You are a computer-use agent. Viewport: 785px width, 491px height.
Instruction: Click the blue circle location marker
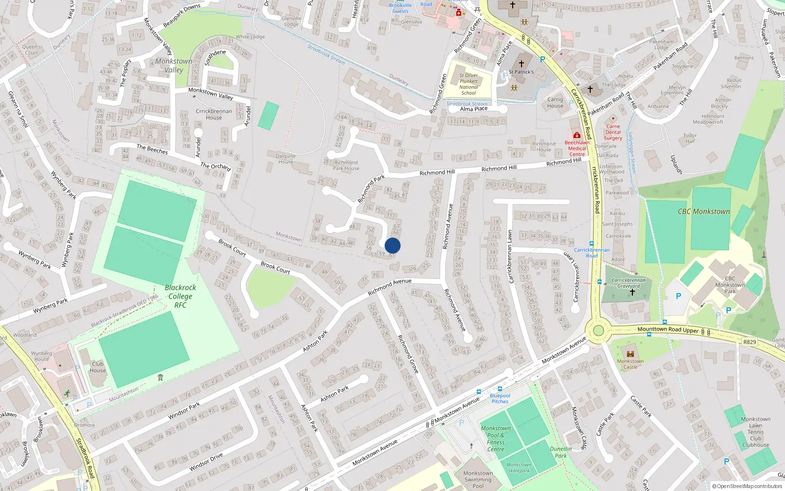click(x=392, y=245)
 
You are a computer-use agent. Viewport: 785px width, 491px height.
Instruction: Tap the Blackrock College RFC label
click(x=180, y=296)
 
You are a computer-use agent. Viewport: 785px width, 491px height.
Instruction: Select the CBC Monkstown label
click(x=704, y=212)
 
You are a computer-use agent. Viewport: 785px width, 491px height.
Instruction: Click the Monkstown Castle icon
click(x=630, y=354)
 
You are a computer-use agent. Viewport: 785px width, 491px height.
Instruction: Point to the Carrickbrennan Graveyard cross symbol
click(x=632, y=292)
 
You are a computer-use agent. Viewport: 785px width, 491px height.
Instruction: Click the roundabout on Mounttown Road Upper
click(x=598, y=330)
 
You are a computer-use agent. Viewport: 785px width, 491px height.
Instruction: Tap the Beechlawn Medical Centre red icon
click(x=577, y=135)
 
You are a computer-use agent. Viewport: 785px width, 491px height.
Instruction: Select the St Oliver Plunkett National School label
click(x=469, y=84)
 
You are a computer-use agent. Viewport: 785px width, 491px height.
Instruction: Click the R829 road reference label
click(x=749, y=342)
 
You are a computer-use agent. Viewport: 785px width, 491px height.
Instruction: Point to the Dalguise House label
click(x=286, y=159)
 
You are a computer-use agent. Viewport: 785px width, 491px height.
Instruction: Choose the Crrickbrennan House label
click(x=214, y=114)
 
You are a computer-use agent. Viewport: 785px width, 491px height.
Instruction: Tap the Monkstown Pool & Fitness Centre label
click(x=496, y=438)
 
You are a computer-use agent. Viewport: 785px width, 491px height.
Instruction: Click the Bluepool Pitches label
click(x=500, y=398)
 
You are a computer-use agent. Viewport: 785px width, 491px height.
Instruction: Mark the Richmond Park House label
click(x=346, y=165)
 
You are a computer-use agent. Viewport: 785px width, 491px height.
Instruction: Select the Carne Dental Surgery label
click(x=613, y=132)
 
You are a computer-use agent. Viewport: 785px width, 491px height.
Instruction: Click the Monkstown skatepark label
click(x=519, y=467)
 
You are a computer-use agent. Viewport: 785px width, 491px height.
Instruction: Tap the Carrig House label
click(x=555, y=102)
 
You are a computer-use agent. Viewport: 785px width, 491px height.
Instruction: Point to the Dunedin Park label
click(x=561, y=452)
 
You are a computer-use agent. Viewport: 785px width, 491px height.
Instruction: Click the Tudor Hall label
click(x=690, y=138)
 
